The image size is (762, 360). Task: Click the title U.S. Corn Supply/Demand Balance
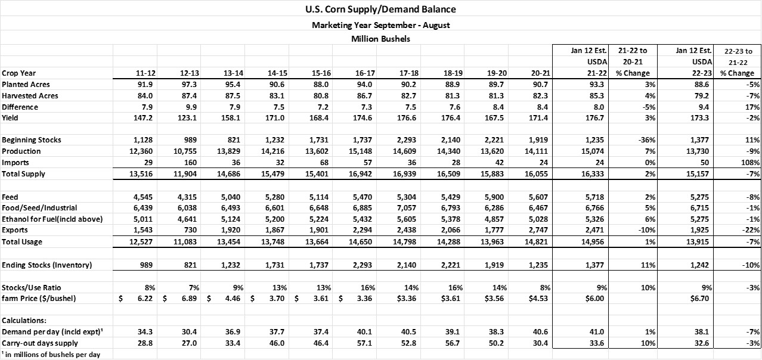pyautogui.click(x=380, y=9)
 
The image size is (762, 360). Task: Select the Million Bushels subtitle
pyautogui.click(x=380, y=39)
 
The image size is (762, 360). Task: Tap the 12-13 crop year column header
pyautogui.click(x=190, y=73)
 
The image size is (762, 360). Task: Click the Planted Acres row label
pyautogui.click(x=26, y=84)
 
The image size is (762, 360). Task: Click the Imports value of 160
pyautogui.click(x=190, y=163)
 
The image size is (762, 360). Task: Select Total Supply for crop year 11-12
pyautogui.click(x=141, y=174)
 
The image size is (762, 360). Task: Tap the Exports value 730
pyautogui.click(x=190, y=230)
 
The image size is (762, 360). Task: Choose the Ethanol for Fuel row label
pyautogui.click(x=52, y=219)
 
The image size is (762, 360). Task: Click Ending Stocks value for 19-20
pyautogui.click(x=494, y=265)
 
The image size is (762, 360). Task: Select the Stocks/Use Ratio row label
pyautogui.click(x=31, y=288)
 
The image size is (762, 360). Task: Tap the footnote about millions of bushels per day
pyautogui.click(x=51, y=355)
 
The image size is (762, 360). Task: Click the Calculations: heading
pyautogui.click(x=24, y=321)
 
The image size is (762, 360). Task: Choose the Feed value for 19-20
pyautogui.click(x=494, y=197)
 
